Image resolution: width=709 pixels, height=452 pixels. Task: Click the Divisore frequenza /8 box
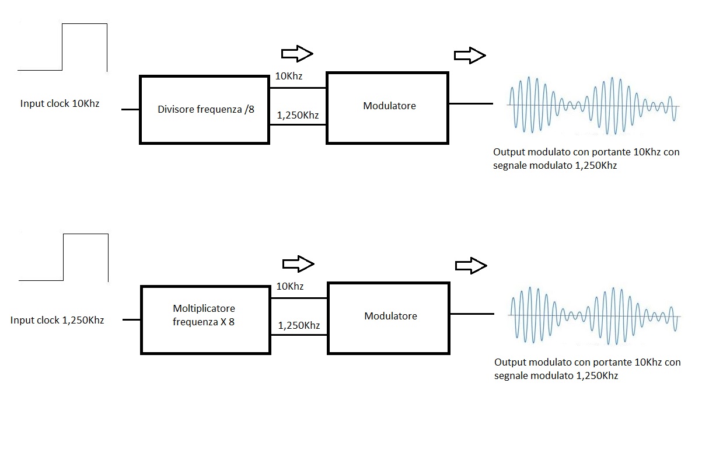204,109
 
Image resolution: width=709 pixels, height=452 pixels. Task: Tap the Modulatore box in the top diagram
388,107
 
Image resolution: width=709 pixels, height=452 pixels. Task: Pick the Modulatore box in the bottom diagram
389,318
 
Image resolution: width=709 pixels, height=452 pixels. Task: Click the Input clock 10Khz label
60,104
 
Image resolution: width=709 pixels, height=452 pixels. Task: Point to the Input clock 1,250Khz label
57,320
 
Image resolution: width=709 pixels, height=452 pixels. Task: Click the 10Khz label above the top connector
289,77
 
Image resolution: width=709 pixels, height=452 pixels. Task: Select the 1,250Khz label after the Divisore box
298,115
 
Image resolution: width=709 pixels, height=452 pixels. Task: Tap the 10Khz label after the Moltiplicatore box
289,287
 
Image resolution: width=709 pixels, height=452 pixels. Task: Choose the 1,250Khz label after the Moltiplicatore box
299,325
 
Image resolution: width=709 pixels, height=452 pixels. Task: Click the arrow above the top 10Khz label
298,54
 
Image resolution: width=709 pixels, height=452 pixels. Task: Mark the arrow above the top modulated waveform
470,55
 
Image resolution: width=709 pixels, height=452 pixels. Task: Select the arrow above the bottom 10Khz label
298,264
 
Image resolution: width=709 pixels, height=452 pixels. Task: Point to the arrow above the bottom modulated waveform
471,266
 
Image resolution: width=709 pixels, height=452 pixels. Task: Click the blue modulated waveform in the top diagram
592,105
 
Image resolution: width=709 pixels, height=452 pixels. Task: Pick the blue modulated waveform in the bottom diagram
593,315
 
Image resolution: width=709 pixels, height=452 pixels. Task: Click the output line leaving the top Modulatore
471,104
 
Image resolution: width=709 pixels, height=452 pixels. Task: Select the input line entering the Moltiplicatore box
131,320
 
